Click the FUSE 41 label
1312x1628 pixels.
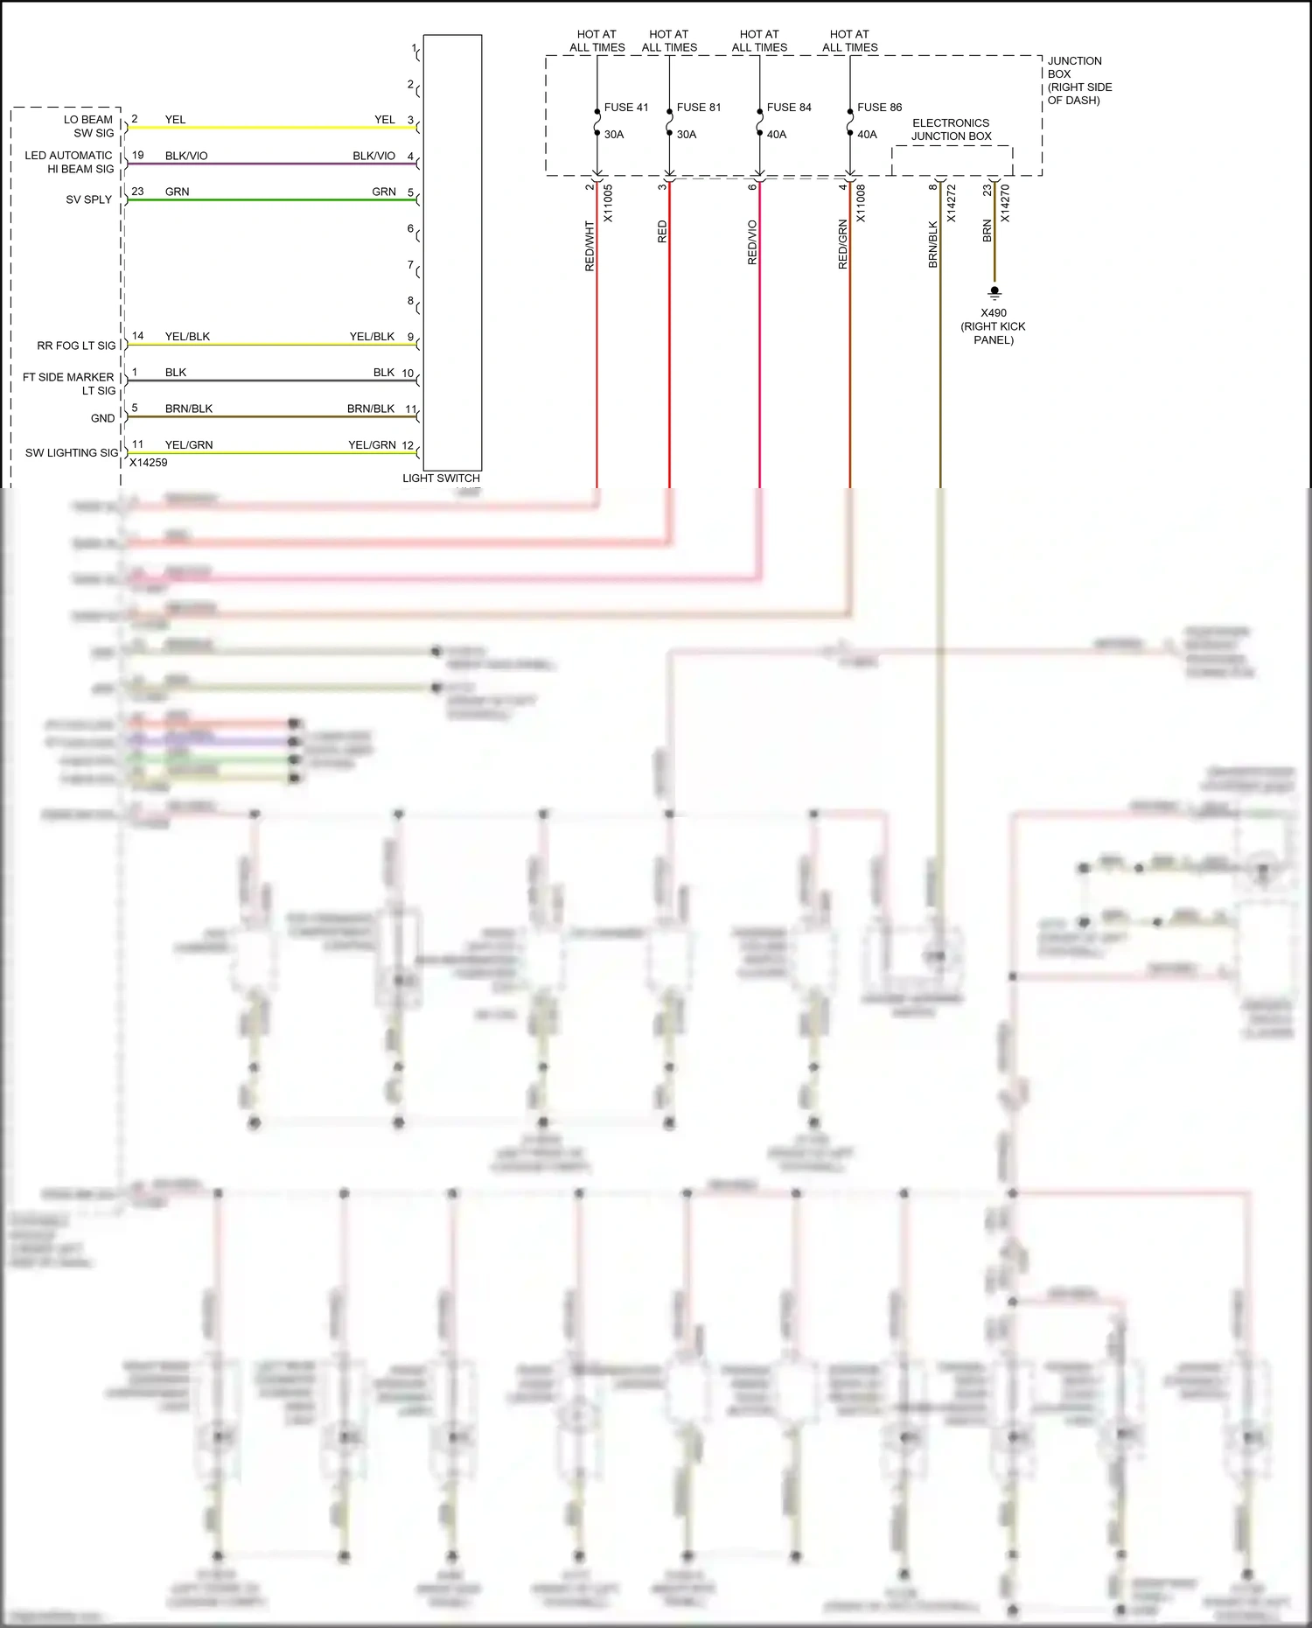tap(626, 108)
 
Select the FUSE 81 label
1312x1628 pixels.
tap(699, 108)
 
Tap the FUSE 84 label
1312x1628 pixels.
tap(789, 108)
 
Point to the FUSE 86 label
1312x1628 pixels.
tap(879, 108)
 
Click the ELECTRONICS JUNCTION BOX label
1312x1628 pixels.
tap(951, 129)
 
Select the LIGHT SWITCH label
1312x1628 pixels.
tap(441, 479)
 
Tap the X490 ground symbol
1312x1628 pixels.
tap(994, 292)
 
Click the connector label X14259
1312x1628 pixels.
tap(148, 463)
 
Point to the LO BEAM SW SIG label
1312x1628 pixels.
tap(88, 126)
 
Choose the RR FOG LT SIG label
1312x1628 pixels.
tap(76, 346)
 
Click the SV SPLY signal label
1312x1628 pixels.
tap(89, 199)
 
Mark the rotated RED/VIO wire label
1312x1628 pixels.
tap(752, 242)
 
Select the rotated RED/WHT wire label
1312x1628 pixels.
tap(590, 246)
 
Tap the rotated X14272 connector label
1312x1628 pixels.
tap(951, 203)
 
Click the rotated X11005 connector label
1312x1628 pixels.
tap(608, 203)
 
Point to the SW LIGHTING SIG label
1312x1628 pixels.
tap(71, 453)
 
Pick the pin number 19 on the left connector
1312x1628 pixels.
tap(138, 156)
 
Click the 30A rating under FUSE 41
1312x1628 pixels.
tap(614, 135)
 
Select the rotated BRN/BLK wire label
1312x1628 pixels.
tap(932, 244)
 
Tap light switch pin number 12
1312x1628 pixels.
tap(408, 445)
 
